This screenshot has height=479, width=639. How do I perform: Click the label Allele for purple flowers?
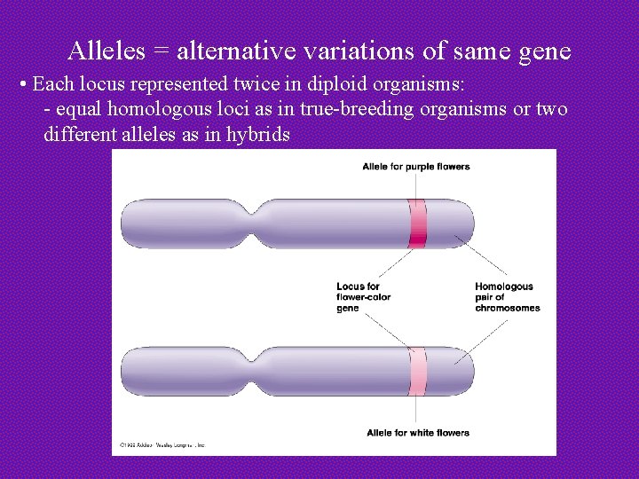[x=415, y=167]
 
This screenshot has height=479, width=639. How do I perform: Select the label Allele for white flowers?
[x=417, y=433]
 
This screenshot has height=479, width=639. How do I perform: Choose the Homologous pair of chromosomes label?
[x=507, y=296]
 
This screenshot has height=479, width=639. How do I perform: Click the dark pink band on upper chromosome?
[x=417, y=223]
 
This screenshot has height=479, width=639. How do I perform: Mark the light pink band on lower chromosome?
[x=417, y=371]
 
